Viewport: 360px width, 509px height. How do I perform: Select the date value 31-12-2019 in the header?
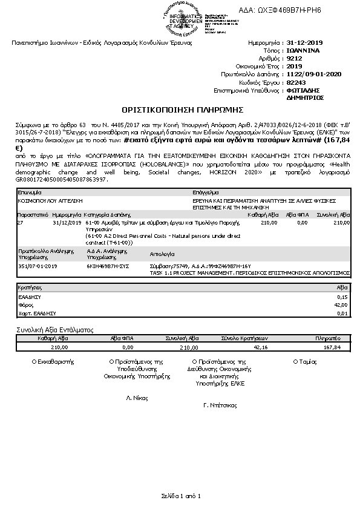click(x=305, y=44)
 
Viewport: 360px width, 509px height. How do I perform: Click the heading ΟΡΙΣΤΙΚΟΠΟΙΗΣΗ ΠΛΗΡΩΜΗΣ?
click(x=182, y=110)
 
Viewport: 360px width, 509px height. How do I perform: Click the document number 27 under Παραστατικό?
click(x=21, y=223)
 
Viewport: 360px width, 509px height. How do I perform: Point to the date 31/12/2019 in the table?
click(x=67, y=223)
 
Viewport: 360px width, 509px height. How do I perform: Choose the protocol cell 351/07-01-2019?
click(x=38, y=265)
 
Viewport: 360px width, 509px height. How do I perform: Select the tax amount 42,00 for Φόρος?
click(x=342, y=305)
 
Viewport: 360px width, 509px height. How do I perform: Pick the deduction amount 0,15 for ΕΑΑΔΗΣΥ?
click(x=342, y=297)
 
